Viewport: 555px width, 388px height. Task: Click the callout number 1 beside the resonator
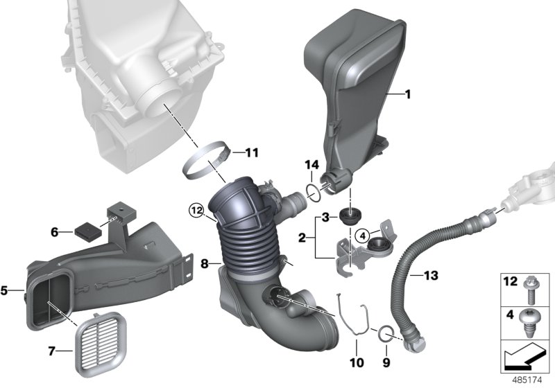408,94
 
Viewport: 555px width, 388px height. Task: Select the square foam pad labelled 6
85,231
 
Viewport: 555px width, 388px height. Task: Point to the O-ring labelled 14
314,193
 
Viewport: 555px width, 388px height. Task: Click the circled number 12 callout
197,211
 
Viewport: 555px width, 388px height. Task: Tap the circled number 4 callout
363,235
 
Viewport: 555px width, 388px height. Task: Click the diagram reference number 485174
527,380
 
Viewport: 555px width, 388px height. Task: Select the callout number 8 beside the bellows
204,263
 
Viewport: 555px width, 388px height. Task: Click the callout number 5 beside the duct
4,291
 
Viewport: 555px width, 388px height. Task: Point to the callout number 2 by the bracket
302,238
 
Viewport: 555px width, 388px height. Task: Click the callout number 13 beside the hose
431,275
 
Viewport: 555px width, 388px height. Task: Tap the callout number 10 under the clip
357,362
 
